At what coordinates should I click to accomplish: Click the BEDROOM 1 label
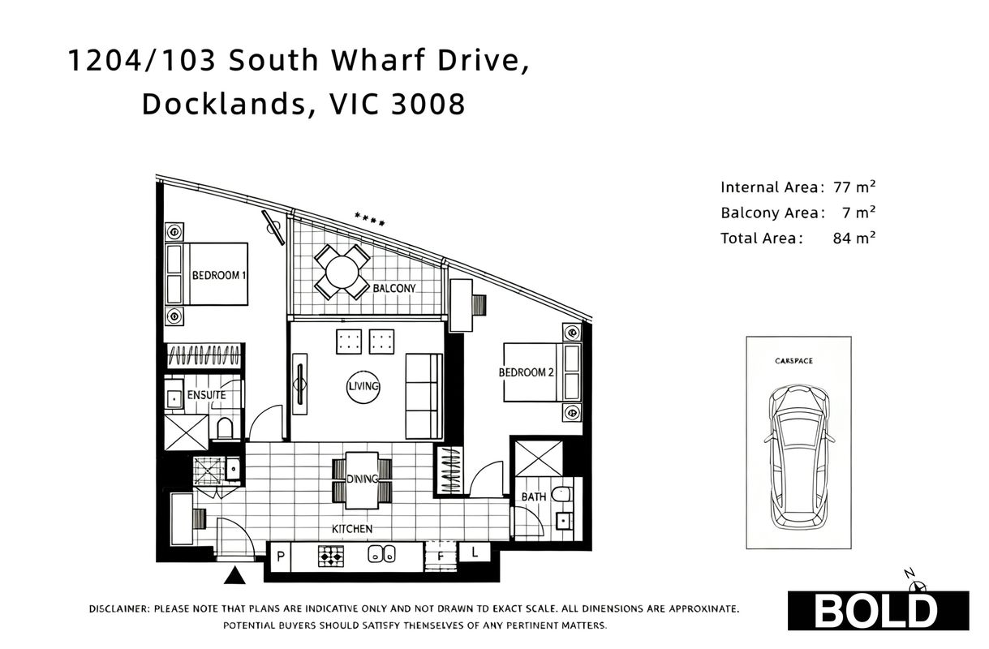click(219, 276)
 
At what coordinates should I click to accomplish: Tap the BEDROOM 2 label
click(526, 372)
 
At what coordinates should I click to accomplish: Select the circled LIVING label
click(363, 387)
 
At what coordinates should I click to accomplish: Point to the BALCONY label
click(394, 288)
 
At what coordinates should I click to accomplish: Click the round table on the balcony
click(342, 272)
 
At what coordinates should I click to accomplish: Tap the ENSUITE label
click(206, 395)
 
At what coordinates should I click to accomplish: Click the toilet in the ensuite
click(225, 428)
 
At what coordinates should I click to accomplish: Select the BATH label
click(534, 497)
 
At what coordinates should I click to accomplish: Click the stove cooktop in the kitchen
click(331, 557)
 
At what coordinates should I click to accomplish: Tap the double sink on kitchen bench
click(382, 555)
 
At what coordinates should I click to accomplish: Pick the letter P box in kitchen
click(281, 557)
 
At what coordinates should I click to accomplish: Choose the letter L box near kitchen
click(475, 552)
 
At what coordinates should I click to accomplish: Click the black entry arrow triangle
click(234, 575)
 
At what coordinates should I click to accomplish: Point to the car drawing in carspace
click(799, 457)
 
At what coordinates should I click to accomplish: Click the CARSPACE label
click(793, 361)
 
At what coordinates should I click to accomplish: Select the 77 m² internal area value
click(854, 187)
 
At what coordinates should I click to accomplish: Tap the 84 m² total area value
click(854, 239)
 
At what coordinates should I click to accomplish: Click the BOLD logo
click(878, 611)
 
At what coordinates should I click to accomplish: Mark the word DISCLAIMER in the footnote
click(119, 608)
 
